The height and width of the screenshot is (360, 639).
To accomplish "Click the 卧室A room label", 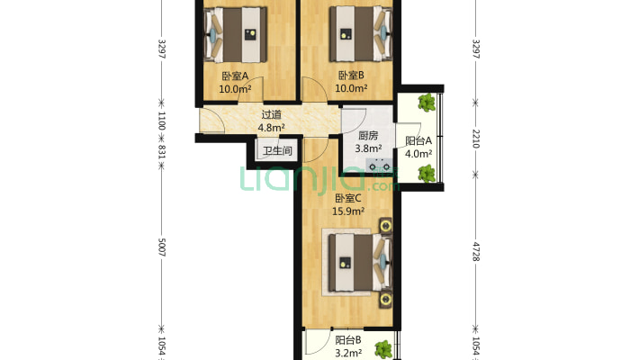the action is [x=235, y=76].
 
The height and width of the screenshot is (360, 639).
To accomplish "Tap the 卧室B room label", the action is [x=351, y=76].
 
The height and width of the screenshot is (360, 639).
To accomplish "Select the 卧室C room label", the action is [x=348, y=199].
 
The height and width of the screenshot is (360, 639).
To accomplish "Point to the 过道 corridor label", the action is [x=272, y=114].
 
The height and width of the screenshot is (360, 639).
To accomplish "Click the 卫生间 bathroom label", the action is [x=277, y=151].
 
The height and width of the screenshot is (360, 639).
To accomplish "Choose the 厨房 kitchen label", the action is [x=368, y=135].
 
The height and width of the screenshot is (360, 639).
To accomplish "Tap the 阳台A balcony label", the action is [x=418, y=141].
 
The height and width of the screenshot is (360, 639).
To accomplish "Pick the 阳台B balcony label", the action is [x=348, y=340].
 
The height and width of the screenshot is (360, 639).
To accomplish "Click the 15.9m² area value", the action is [x=348, y=211].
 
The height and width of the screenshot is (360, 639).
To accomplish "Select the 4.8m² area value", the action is [x=272, y=127].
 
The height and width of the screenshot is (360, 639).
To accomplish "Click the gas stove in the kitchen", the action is [x=380, y=166].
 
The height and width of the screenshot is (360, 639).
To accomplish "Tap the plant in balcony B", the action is [x=383, y=349].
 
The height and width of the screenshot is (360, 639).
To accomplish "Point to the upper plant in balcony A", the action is [x=427, y=103].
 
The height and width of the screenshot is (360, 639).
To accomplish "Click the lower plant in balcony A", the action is [x=427, y=174].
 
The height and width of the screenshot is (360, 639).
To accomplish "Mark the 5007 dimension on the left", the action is [x=161, y=247].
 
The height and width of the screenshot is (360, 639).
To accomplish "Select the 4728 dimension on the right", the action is [x=475, y=251].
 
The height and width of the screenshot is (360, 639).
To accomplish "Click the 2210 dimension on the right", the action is [x=475, y=139].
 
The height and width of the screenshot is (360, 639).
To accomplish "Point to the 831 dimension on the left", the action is [x=161, y=151].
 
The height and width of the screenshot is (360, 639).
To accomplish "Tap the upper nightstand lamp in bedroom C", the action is [x=385, y=226].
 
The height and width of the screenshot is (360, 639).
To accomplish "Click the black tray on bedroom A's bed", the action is [x=250, y=34].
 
